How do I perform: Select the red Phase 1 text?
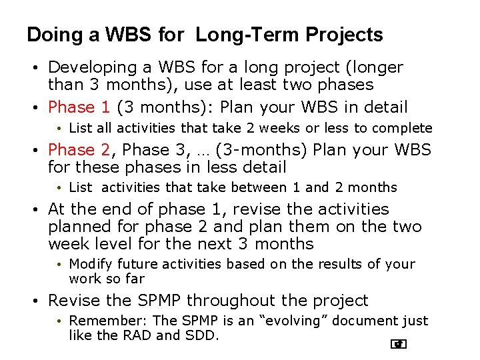(79, 107)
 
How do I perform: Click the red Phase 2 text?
(79, 150)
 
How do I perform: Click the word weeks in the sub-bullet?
(264, 128)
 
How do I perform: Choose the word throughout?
(225, 301)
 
